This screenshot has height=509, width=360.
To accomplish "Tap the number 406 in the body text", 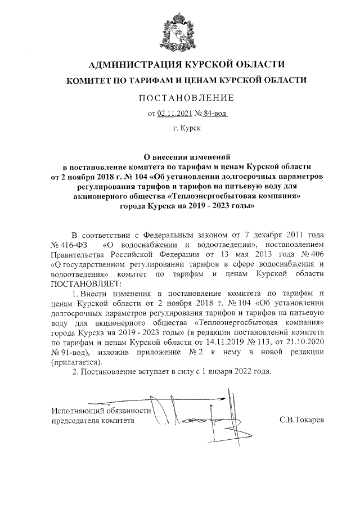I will click(x=314, y=254).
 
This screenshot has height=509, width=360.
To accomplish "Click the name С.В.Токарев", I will click(x=302, y=420).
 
